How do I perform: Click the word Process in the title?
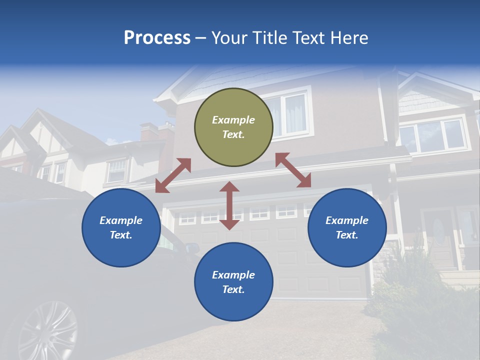[x=157, y=38]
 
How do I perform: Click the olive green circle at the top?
[x=233, y=127]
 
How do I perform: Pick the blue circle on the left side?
[x=121, y=227]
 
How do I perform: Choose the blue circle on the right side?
[x=347, y=227]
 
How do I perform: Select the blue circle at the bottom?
[x=233, y=282]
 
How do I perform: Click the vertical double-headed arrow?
[x=229, y=205]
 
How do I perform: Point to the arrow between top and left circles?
[x=173, y=175]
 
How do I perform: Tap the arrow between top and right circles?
[x=293, y=170]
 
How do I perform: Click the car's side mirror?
[x=191, y=247]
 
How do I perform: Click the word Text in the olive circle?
[x=233, y=134]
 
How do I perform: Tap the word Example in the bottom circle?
[x=233, y=274]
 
